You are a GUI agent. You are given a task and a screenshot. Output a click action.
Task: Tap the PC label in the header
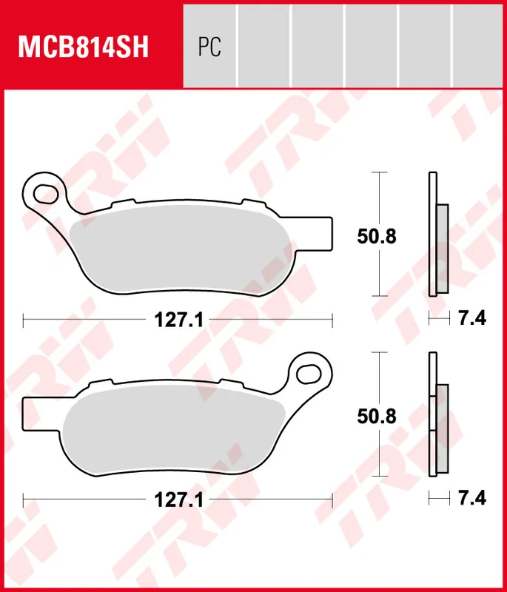[x=209, y=47]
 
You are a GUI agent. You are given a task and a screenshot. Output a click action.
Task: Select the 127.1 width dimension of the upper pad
[x=174, y=320]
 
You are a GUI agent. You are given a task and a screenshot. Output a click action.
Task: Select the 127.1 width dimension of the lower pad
[x=174, y=500]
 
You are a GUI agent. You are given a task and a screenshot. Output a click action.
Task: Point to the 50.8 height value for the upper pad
[x=377, y=237]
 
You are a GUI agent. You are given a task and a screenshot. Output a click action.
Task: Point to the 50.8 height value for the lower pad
[x=377, y=416]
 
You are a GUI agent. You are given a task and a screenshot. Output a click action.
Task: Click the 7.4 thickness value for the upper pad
[x=471, y=320]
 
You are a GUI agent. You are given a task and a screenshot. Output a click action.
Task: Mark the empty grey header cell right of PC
[x=263, y=44]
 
